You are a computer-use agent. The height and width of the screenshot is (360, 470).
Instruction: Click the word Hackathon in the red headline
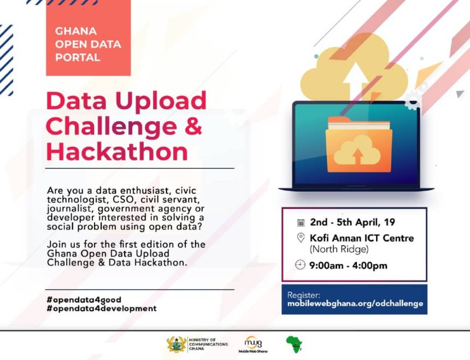coord(117,152)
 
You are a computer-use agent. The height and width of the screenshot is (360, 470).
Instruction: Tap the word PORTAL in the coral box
coord(78,57)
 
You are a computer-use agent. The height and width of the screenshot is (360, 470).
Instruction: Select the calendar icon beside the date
coord(301,222)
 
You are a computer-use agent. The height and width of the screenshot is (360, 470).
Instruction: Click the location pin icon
coord(301,238)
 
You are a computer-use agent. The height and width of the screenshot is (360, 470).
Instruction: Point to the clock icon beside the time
coord(300,265)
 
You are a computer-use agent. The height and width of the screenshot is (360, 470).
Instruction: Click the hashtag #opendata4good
coord(84,299)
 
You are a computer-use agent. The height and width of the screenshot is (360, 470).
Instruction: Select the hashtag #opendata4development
coord(102,308)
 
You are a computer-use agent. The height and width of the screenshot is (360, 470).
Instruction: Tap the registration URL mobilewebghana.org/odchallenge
coord(355,303)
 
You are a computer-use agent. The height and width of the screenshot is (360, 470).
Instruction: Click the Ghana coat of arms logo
coord(177,344)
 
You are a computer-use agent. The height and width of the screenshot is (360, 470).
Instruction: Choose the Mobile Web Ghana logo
coord(253,344)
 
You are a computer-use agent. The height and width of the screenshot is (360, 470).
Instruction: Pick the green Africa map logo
coord(294,344)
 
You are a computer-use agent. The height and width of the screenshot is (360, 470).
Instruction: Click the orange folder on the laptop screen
coord(359,145)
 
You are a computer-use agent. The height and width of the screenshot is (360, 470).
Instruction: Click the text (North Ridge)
coord(339,249)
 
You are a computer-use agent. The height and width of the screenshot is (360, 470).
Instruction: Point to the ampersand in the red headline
coord(193,126)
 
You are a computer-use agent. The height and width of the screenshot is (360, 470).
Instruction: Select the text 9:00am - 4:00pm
coord(348,265)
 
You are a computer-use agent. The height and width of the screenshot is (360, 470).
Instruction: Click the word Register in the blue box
coord(304,295)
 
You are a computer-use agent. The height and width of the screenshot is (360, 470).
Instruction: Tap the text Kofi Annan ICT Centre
coord(362,238)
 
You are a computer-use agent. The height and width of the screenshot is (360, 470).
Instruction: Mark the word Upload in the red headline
coord(161,101)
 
